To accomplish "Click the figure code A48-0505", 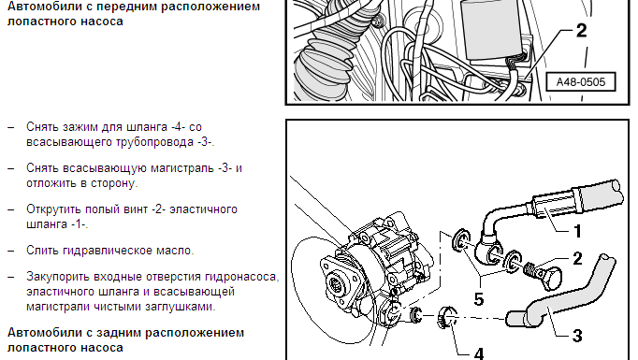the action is (x=581, y=82).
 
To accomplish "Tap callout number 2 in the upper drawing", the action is (x=582, y=31).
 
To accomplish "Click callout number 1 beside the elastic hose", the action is (x=578, y=231).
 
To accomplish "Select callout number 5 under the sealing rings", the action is (x=479, y=299).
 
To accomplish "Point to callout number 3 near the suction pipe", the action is (x=577, y=336).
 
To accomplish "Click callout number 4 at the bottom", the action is (x=479, y=353).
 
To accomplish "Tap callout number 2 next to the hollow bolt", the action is (x=577, y=258).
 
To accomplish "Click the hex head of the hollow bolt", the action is (x=550, y=279).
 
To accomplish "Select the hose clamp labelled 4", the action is (x=447, y=317).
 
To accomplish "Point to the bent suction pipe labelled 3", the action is (x=560, y=295).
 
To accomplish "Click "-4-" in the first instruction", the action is (x=179, y=127).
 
